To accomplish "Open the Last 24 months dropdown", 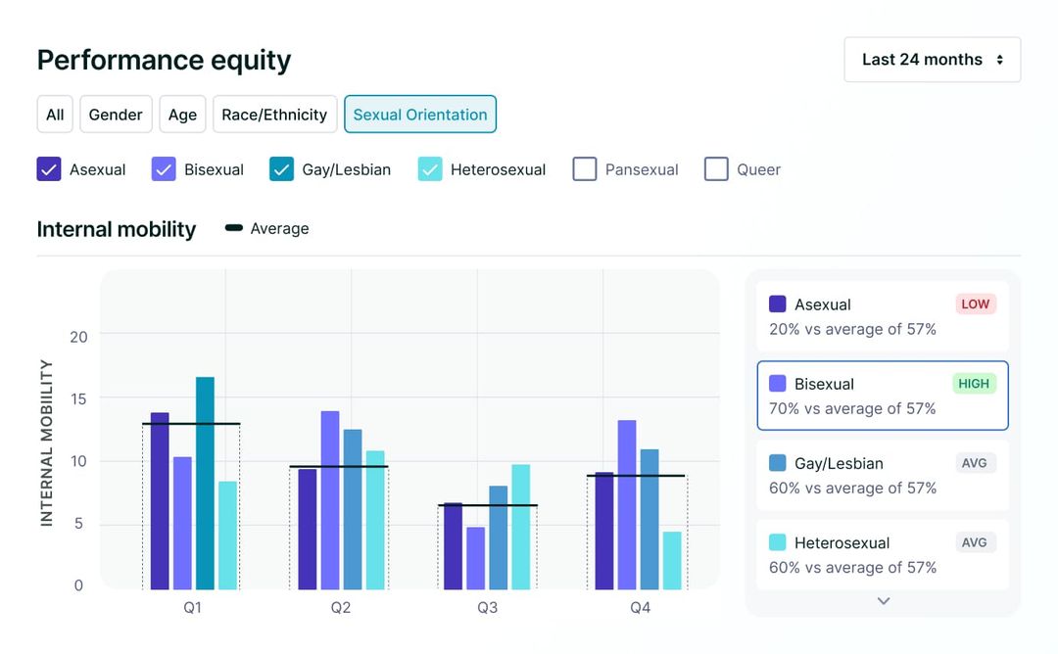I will click(932, 60).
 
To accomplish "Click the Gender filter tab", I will click(116, 115).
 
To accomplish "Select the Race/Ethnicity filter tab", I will click(274, 115).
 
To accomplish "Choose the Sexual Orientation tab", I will click(419, 115).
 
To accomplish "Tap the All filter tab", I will click(55, 115).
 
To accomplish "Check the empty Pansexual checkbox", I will click(585, 169).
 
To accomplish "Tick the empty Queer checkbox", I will click(716, 169).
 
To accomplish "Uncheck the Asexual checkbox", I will click(49, 169).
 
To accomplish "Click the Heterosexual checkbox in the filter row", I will click(430, 169).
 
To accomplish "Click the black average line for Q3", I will click(487, 505).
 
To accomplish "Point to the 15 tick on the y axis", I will click(78, 398).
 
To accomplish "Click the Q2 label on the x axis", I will click(340, 608).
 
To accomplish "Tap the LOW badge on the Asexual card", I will click(975, 304).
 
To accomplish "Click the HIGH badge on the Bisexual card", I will click(974, 383).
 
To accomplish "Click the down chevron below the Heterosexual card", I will click(884, 601).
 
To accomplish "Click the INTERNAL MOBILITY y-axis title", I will click(46, 443).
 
